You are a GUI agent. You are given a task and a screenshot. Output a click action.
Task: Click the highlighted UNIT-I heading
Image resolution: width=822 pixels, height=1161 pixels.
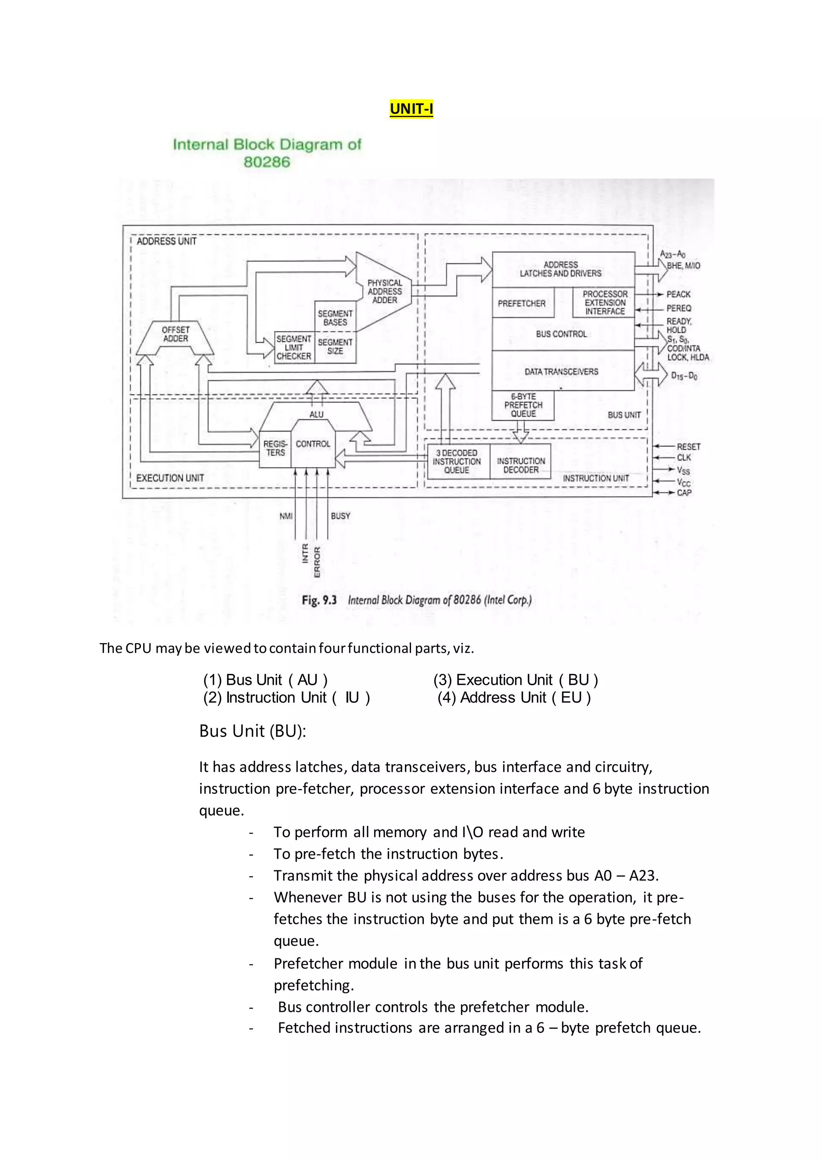pyautogui.click(x=411, y=109)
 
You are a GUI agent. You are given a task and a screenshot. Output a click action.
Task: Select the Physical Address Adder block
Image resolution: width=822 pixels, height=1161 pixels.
pyautogui.click(x=385, y=291)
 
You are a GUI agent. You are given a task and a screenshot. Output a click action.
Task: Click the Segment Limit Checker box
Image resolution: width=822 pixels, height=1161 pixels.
pyautogui.click(x=293, y=348)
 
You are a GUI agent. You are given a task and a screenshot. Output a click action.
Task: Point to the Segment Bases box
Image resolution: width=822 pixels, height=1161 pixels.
pyautogui.click(x=335, y=318)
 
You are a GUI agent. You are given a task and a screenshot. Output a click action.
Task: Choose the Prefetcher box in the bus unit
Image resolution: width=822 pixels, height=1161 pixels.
pyautogui.click(x=522, y=303)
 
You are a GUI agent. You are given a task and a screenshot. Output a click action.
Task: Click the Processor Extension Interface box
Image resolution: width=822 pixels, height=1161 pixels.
pyautogui.click(x=604, y=302)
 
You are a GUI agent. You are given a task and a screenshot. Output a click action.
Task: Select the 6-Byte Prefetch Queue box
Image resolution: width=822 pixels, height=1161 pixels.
pyautogui.click(x=523, y=405)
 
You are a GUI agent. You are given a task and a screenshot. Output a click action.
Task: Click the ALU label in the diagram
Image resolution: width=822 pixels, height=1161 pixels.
pyautogui.click(x=316, y=415)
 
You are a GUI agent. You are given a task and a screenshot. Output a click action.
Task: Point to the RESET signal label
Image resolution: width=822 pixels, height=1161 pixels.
pyautogui.click(x=688, y=447)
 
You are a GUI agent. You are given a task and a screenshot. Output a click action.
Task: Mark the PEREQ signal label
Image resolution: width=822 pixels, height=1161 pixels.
pyautogui.click(x=679, y=308)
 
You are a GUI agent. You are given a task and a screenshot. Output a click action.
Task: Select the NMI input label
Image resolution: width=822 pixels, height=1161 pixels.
pyautogui.click(x=286, y=516)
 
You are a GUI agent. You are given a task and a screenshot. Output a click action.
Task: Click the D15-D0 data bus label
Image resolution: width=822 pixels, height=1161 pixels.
pyautogui.click(x=684, y=376)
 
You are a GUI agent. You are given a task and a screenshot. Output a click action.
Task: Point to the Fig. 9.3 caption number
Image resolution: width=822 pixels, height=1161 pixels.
pyautogui.click(x=319, y=600)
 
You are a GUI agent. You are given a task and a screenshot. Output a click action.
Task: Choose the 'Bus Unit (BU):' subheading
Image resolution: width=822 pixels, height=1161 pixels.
pyautogui.click(x=252, y=731)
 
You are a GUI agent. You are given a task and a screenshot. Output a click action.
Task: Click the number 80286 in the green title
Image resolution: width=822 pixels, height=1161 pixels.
pyautogui.click(x=267, y=162)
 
